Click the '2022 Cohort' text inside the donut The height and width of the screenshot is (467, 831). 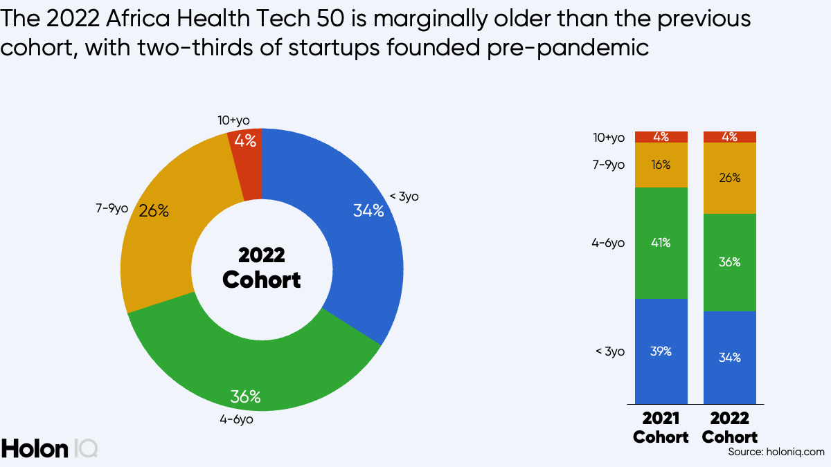tap(262, 267)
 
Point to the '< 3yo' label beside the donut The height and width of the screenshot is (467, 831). tap(404, 196)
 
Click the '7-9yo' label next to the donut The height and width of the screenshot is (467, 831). tap(112, 208)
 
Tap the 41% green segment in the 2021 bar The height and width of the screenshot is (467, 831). tap(661, 243)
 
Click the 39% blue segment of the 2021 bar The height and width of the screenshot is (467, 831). tap(661, 351)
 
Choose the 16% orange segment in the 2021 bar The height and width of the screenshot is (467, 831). tap(661, 165)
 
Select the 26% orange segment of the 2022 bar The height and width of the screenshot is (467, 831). tap(730, 178)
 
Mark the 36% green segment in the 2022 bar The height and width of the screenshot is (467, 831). tap(730, 262)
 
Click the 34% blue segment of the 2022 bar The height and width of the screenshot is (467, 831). tap(730, 357)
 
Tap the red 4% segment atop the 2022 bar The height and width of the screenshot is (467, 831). tap(730, 137)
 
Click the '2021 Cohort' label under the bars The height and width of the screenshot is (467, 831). tap(661, 428)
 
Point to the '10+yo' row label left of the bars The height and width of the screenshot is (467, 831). tap(609, 138)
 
